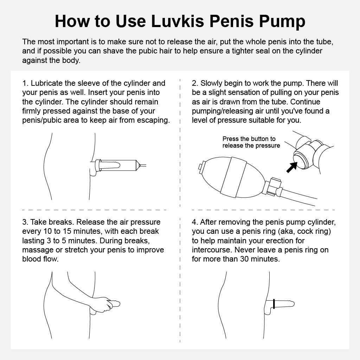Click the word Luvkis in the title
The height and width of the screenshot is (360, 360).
click(178, 21)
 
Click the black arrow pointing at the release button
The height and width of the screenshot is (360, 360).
click(291, 167)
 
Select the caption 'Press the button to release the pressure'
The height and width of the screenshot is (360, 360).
click(251, 142)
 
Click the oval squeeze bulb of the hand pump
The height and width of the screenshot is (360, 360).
click(232, 177)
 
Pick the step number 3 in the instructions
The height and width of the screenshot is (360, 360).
click(25, 222)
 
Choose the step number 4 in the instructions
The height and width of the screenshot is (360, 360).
click(195, 222)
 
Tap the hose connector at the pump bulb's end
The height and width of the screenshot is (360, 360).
click(273, 187)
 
